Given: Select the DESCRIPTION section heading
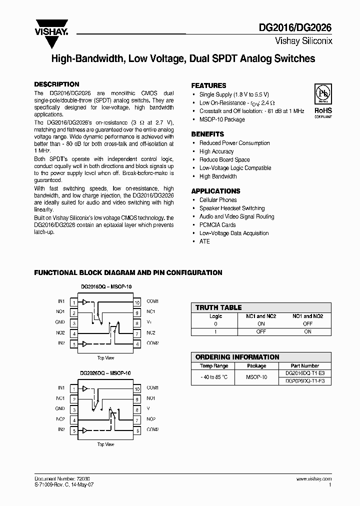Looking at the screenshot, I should tap(56, 84).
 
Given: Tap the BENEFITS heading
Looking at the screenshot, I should tap(207, 134).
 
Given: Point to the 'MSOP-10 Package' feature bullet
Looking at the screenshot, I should tap(222, 119).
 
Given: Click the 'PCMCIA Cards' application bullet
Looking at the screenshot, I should tap(217, 225).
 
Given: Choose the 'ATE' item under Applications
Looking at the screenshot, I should tap(204, 241).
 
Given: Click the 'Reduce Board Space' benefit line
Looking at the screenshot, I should tap(224, 159).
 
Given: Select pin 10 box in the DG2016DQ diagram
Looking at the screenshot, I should tap(136, 302).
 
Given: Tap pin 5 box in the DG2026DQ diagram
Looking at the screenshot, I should tap(74, 430).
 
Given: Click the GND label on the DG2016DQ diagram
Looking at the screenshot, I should tap(60, 322).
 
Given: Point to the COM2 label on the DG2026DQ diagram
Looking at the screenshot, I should tap(152, 429).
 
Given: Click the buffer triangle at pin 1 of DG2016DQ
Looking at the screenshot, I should tap(85, 302).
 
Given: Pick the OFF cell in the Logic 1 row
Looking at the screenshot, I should tap(260, 331).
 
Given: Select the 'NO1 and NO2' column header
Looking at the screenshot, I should tap(307, 316).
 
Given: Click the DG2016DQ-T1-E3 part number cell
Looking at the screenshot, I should tap(304, 373).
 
